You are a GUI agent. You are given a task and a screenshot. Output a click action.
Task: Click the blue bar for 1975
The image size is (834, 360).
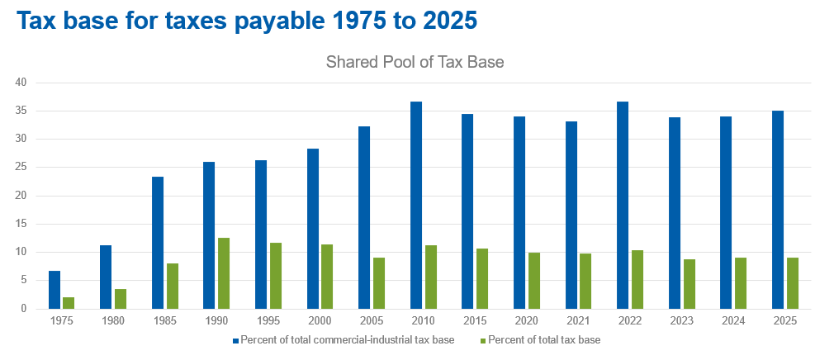(54, 290)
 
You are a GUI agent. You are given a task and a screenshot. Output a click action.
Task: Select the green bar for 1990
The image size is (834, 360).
(224, 273)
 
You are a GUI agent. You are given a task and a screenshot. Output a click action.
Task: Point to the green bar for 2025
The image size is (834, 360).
(792, 283)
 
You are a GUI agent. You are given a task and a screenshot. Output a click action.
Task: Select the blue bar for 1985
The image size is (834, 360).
(158, 243)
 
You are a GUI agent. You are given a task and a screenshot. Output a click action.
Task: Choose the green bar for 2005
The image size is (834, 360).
(378, 283)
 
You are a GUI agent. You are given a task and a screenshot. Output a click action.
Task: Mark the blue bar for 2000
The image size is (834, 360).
(313, 229)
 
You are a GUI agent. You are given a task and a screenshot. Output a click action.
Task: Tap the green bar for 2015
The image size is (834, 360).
(482, 279)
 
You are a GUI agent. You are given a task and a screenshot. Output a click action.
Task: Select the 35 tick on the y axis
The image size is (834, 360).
(21, 111)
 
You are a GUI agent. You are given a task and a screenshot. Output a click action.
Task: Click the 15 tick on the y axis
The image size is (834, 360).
(21, 224)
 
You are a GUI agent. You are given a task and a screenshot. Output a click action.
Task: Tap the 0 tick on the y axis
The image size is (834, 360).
(25, 309)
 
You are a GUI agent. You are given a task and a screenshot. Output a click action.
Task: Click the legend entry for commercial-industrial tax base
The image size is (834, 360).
(347, 340)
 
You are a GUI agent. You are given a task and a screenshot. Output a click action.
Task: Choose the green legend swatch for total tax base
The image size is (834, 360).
(482, 340)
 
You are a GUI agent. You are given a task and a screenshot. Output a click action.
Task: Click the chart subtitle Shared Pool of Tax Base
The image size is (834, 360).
(415, 62)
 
